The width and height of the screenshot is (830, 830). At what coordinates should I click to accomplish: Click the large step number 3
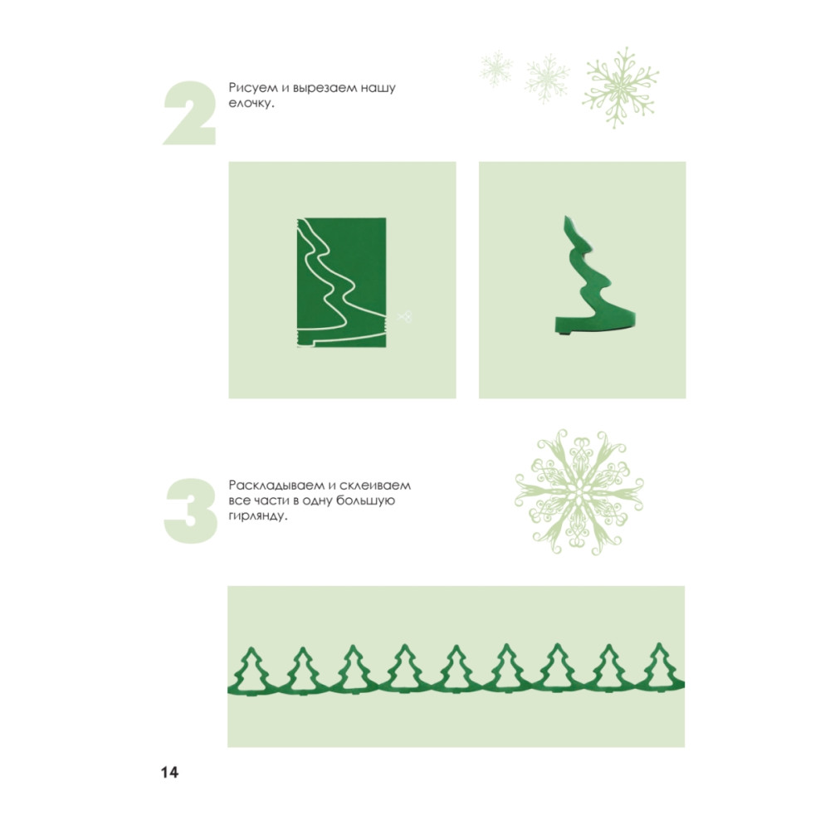click(191, 511)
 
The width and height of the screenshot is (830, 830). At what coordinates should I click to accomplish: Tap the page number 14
click(170, 772)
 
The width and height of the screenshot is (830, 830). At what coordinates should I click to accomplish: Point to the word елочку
click(251, 103)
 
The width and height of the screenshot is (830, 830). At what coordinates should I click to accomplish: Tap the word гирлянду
click(258, 516)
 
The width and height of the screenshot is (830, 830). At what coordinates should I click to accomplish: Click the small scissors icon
click(404, 317)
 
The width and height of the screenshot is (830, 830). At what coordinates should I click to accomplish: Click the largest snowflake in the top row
click(620, 88)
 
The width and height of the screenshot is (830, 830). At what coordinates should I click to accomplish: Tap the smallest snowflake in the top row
click(496, 70)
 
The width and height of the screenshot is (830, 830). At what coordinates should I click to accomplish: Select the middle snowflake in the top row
click(547, 78)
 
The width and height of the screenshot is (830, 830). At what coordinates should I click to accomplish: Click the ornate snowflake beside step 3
click(579, 492)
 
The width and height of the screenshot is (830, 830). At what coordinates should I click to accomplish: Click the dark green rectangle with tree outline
click(341, 282)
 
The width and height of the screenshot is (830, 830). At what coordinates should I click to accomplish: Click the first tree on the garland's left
click(252, 671)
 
